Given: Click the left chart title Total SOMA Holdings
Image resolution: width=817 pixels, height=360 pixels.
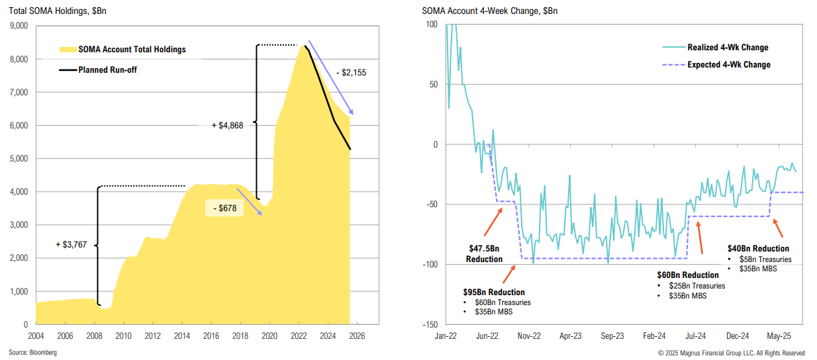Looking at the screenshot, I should point(50,11).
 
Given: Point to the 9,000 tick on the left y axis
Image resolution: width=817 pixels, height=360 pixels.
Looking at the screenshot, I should point(18,26).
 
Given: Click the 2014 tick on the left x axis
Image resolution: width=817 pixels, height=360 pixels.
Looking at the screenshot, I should point(182,336).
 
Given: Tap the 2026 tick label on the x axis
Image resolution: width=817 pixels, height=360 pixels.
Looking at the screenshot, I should point(356,336).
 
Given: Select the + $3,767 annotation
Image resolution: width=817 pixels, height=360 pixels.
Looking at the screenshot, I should point(73,245).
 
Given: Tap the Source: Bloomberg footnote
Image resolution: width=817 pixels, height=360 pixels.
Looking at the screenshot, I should point(32,353).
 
